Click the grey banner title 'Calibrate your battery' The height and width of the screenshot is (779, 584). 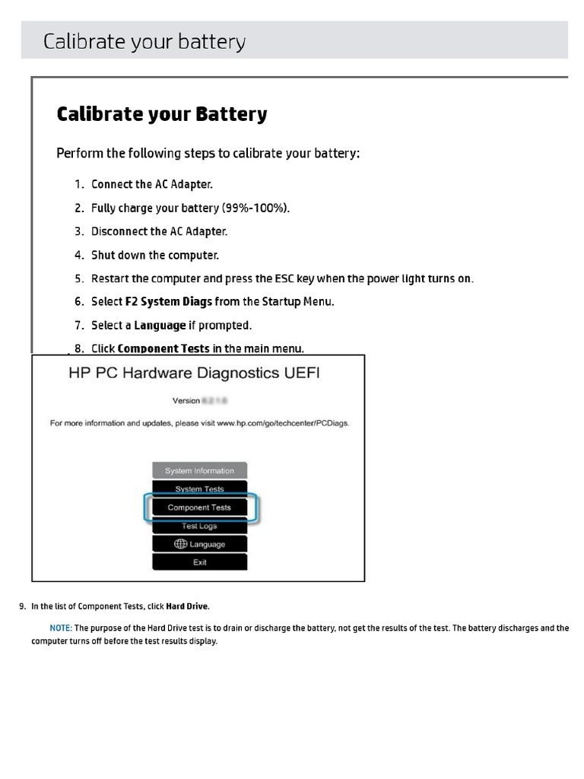click(144, 41)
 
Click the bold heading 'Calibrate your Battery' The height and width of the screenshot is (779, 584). click(162, 114)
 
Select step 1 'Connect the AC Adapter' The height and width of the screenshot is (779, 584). click(152, 184)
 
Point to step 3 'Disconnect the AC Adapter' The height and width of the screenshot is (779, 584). click(159, 231)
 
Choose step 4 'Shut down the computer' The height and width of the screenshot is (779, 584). click(155, 255)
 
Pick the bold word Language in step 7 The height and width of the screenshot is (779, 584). click(160, 326)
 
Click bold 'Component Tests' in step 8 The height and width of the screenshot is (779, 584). click(163, 349)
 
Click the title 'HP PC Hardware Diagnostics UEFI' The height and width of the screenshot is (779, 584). click(195, 374)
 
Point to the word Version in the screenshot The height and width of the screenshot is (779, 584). click(186, 400)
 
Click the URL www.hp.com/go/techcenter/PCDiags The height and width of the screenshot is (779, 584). click(283, 423)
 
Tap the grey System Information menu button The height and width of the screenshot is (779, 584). click(199, 471)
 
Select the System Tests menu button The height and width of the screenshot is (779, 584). click(199, 488)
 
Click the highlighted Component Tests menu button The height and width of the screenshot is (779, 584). click(199, 507)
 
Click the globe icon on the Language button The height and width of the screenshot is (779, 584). click(180, 544)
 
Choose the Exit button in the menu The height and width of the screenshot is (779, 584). click(199, 562)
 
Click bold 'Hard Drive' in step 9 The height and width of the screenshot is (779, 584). click(187, 606)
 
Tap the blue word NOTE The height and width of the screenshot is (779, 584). click(60, 628)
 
